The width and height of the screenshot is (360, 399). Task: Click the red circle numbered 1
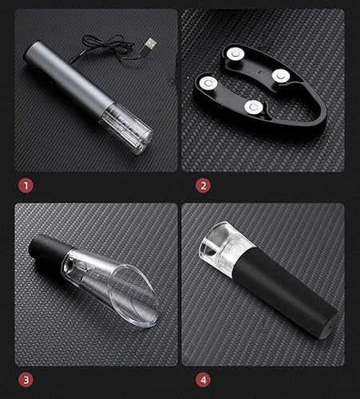coord(26,186)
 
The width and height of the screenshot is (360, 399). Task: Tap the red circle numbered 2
coord(203,186)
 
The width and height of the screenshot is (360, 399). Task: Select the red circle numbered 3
coord(26,380)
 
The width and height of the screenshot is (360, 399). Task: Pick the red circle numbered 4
coord(203,380)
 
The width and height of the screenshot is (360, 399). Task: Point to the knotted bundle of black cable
coord(104,44)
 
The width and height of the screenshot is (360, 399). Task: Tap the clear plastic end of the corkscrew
coord(126,130)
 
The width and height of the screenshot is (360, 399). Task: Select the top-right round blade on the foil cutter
coord(281,76)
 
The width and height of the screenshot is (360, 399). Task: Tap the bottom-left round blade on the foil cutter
coord(208,84)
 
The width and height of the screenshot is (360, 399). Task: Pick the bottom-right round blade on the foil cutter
coord(254,108)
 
